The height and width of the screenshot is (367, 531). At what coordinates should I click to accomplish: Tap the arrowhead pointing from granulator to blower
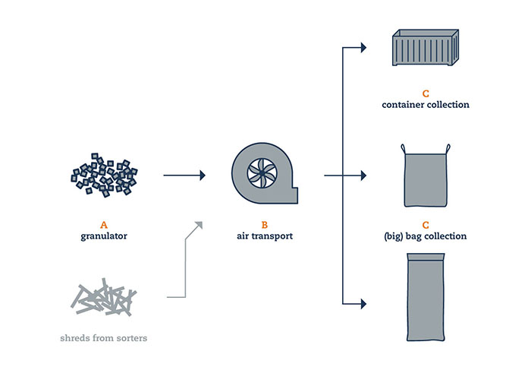[x=202, y=176]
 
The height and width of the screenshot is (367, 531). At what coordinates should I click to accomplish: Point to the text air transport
[x=265, y=236]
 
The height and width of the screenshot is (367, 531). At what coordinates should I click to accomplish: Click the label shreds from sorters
[x=104, y=338]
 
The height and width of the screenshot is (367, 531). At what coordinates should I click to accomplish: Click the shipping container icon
[x=425, y=51]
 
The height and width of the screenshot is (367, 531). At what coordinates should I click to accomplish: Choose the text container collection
[x=425, y=104]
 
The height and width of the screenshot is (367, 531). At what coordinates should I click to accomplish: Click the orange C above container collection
[x=425, y=93]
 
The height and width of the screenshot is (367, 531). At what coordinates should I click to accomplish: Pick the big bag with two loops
[x=425, y=179]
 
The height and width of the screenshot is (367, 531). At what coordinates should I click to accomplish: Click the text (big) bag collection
[x=425, y=236]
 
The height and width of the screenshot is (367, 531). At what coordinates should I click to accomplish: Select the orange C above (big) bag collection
[x=425, y=225]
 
